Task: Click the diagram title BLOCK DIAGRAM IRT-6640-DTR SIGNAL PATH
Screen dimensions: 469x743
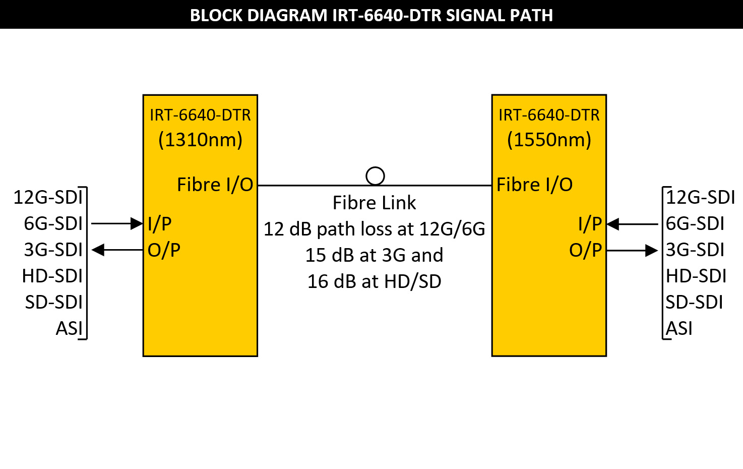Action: click(371, 15)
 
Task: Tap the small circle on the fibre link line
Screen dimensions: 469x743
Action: click(375, 176)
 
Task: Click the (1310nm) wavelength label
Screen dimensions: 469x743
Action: click(200, 140)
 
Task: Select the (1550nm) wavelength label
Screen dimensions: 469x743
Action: click(549, 140)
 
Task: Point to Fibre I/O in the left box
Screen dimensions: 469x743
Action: click(215, 185)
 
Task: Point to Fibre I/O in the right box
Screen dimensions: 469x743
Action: click(534, 185)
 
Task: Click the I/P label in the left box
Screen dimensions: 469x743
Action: click(159, 223)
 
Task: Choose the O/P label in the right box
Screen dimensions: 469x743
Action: click(585, 250)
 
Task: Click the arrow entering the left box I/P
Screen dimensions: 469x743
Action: click(117, 223)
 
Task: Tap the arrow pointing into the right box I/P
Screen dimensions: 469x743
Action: click(633, 224)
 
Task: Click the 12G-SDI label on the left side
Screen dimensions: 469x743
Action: click(48, 197)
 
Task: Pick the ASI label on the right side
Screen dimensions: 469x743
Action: click(679, 328)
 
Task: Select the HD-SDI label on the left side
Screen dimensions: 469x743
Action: click(52, 276)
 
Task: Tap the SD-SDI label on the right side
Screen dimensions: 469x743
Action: click(694, 302)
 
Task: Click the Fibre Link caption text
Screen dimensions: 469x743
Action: click(374, 203)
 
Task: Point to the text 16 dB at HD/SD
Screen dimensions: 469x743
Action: click(374, 281)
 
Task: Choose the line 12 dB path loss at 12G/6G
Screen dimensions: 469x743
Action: click(374, 229)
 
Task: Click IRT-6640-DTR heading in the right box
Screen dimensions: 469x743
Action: click(549, 115)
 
